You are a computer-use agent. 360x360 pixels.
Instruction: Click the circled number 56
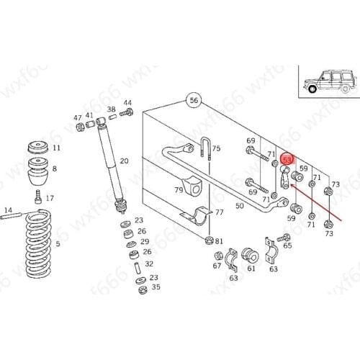[x=193, y=101]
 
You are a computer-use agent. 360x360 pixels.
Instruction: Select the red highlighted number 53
[x=287, y=160]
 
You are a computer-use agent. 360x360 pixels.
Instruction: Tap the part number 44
[x=127, y=103]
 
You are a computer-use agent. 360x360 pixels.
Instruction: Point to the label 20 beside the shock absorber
[x=124, y=161]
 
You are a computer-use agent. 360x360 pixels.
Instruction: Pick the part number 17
[x=49, y=198]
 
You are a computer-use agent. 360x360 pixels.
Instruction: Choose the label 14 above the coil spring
[x=9, y=210]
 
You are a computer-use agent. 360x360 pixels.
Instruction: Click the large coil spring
[x=36, y=245]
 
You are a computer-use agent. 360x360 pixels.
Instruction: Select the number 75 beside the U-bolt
[x=216, y=148]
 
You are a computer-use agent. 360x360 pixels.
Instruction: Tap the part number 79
[x=178, y=190]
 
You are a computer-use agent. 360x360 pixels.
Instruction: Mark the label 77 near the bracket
[x=220, y=212]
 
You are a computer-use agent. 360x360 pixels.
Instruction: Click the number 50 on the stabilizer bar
[x=240, y=206]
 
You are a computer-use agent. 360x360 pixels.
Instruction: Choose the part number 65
[x=287, y=246]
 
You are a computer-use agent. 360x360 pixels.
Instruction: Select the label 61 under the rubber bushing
[x=251, y=269]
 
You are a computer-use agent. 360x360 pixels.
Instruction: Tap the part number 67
[x=217, y=266]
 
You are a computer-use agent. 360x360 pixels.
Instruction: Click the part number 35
[x=156, y=287]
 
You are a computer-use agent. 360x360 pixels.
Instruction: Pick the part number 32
[x=149, y=264]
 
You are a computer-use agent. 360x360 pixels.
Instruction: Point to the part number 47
[x=78, y=117]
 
